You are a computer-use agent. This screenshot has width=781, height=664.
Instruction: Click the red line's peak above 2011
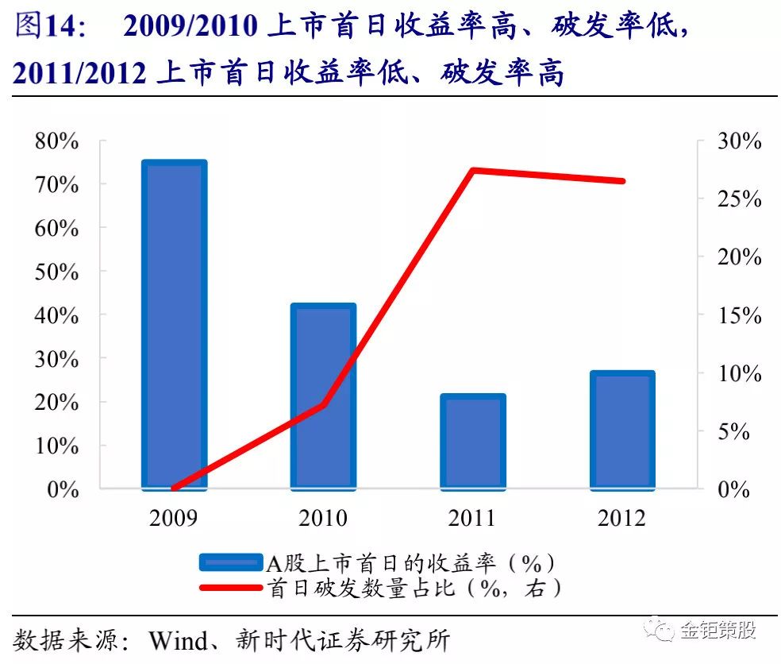click(472, 170)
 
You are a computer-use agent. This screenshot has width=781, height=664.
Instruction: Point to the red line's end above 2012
click(623, 181)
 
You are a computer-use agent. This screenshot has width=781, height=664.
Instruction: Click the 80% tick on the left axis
click(58, 141)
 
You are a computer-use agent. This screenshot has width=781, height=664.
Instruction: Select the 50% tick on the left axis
click(58, 272)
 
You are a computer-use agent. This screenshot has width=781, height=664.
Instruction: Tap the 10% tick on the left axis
click(58, 446)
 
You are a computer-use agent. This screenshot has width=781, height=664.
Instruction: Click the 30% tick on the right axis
click(739, 141)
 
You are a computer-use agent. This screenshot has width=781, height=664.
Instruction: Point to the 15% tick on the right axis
click(739, 315)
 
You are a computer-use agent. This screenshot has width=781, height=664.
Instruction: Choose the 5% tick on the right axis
click(734, 431)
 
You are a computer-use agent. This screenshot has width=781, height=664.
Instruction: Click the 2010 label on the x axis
click(323, 518)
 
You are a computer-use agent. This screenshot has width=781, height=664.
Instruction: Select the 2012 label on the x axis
click(622, 518)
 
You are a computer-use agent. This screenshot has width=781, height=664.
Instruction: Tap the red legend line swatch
click(229, 588)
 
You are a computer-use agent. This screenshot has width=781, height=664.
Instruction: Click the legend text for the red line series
click(416, 588)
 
